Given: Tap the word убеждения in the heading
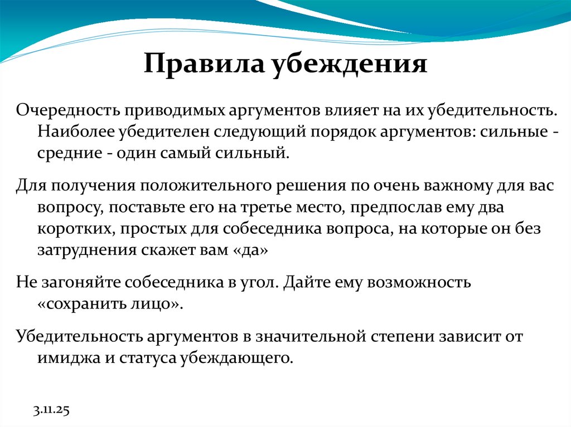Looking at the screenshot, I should point(349,65).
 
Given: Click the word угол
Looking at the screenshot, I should point(259,282).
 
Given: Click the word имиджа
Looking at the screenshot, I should point(62,357).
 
